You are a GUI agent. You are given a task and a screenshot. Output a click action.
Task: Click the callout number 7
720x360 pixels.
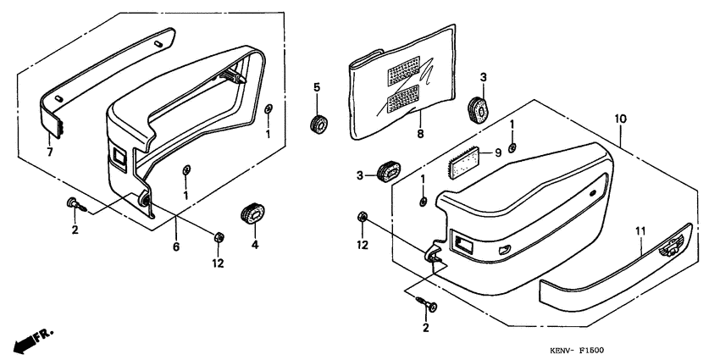(50, 151)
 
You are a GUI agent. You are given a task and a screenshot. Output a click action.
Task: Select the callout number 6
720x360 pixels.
(176, 246)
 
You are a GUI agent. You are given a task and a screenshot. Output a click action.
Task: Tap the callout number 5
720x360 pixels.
(317, 87)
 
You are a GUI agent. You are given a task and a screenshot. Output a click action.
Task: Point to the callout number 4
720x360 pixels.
(255, 245)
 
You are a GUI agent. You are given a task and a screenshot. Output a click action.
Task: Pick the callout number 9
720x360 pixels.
(498, 153)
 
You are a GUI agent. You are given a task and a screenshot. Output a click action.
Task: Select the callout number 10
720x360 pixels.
(620, 119)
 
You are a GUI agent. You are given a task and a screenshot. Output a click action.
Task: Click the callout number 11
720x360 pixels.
(640, 231)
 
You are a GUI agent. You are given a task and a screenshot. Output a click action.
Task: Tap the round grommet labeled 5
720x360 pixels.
(318, 124)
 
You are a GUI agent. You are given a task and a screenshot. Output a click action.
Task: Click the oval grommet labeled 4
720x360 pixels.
(252, 213)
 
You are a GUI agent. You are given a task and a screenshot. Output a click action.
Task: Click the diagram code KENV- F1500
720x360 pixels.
(577, 351)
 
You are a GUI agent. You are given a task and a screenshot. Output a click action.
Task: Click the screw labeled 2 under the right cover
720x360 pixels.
(427, 304)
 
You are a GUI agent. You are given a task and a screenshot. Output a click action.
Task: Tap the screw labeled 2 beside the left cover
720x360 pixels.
(76, 204)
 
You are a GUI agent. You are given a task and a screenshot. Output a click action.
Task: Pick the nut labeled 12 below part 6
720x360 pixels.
(219, 238)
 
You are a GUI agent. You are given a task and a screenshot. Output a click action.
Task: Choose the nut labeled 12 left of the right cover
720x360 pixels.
(363, 217)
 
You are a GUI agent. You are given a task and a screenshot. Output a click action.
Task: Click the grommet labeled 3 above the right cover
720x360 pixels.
(479, 109)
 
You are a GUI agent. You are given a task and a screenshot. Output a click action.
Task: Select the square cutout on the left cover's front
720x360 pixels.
(119, 158)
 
